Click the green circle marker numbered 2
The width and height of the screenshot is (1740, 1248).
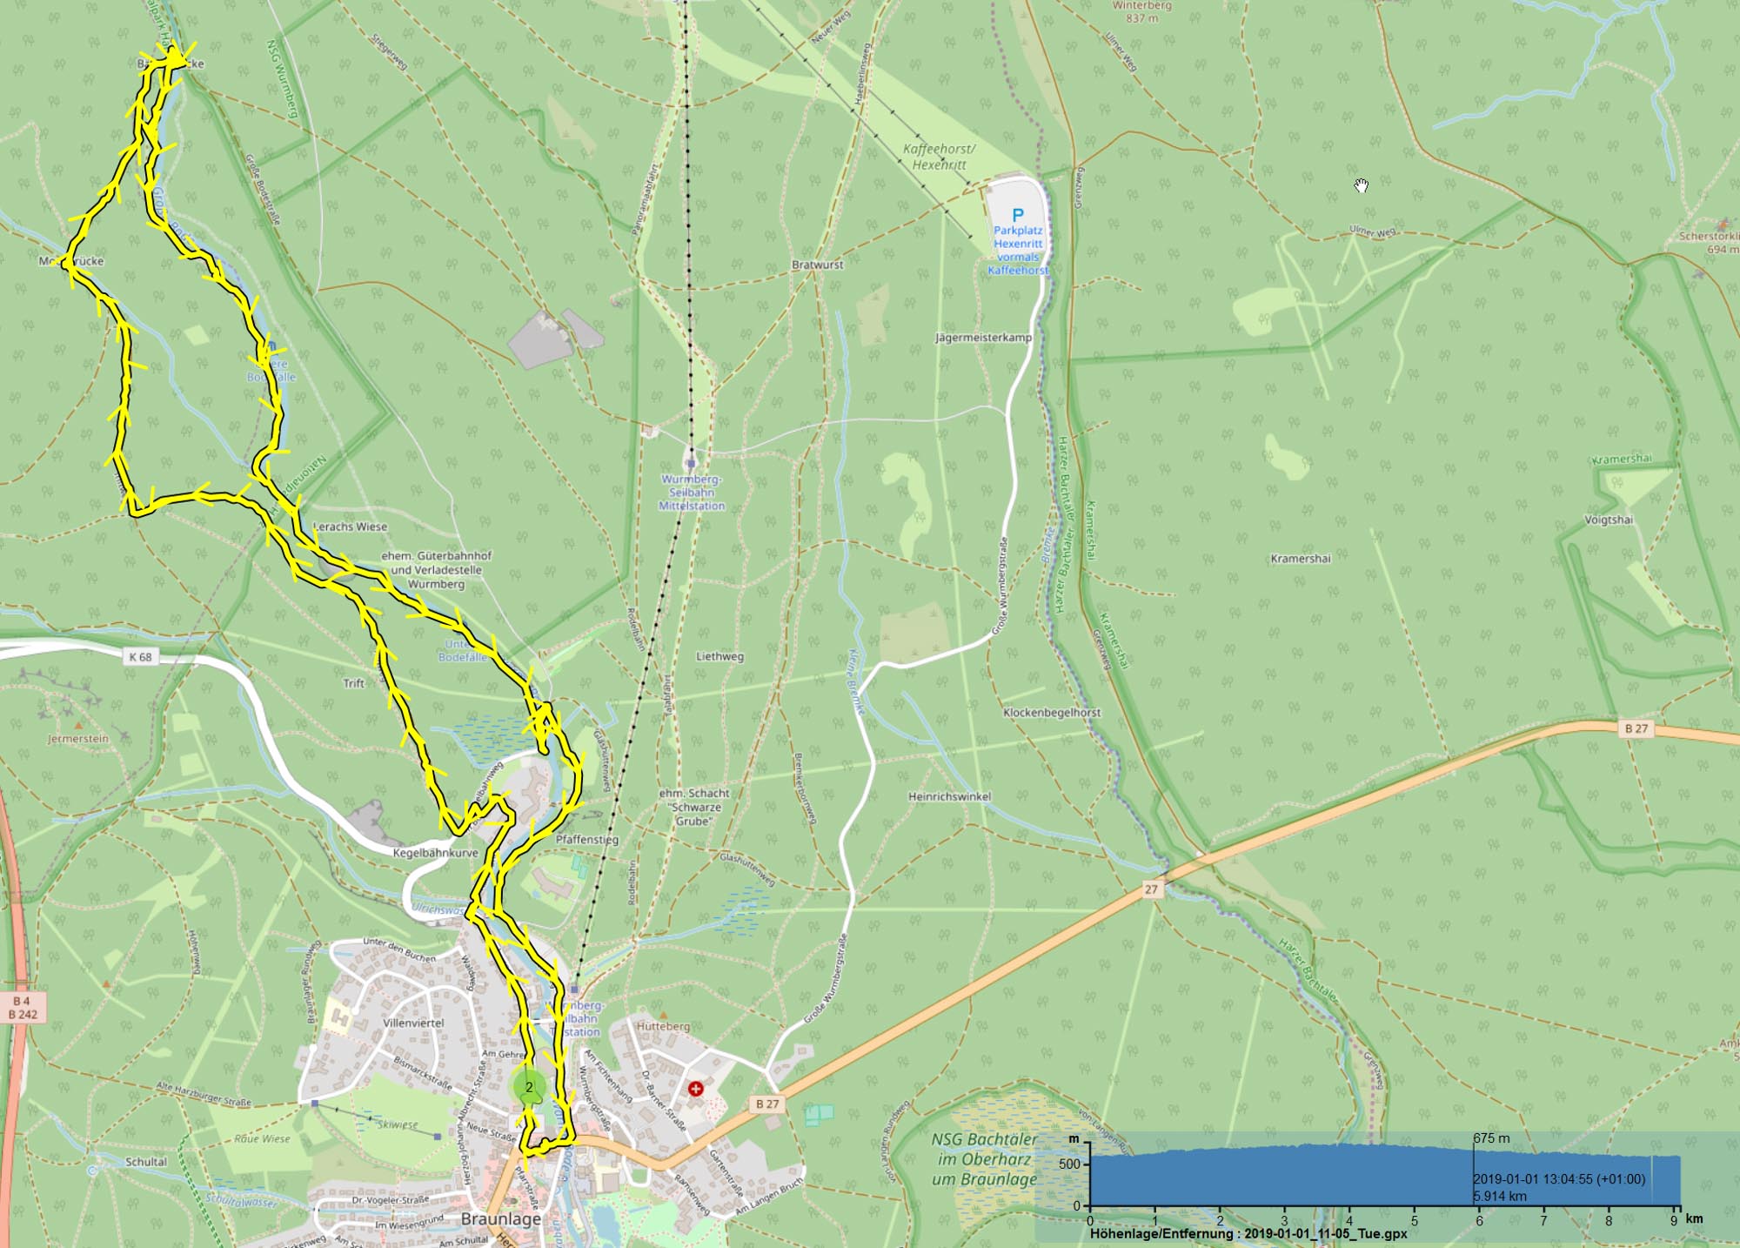(529, 1087)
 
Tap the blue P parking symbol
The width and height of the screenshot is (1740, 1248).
(1018, 214)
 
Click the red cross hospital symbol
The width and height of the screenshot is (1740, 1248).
(695, 1089)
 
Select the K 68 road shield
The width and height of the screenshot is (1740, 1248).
(140, 657)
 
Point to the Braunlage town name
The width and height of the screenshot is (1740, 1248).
(501, 1218)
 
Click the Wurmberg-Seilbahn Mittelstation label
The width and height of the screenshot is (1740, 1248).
(692, 492)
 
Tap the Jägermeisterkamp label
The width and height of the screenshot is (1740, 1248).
(983, 337)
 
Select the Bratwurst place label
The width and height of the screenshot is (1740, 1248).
(817, 265)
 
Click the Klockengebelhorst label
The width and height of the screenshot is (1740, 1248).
(1052, 712)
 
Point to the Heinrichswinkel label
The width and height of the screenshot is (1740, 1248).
(949, 796)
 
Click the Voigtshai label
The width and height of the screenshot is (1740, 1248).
(1609, 520)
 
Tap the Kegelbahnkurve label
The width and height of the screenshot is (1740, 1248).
(435, 853)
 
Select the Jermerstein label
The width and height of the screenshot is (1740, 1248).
(78, 739)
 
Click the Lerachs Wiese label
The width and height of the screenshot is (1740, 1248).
(350, 527)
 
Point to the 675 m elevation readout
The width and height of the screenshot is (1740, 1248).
(1491, 1138)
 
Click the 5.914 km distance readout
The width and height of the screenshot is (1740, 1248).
(1500, 1196)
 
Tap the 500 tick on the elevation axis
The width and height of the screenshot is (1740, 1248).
(1069, 1164)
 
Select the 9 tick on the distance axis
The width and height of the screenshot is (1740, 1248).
(1674, 1220)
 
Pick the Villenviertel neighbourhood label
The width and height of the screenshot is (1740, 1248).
(413, 1023)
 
